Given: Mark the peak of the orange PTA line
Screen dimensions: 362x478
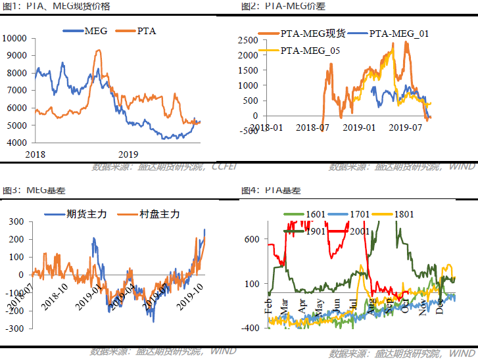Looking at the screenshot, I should tap(98, 51).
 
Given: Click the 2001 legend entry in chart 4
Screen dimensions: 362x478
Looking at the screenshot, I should tap(356, 230).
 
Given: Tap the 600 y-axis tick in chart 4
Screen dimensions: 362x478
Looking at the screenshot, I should tap(252, 240).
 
